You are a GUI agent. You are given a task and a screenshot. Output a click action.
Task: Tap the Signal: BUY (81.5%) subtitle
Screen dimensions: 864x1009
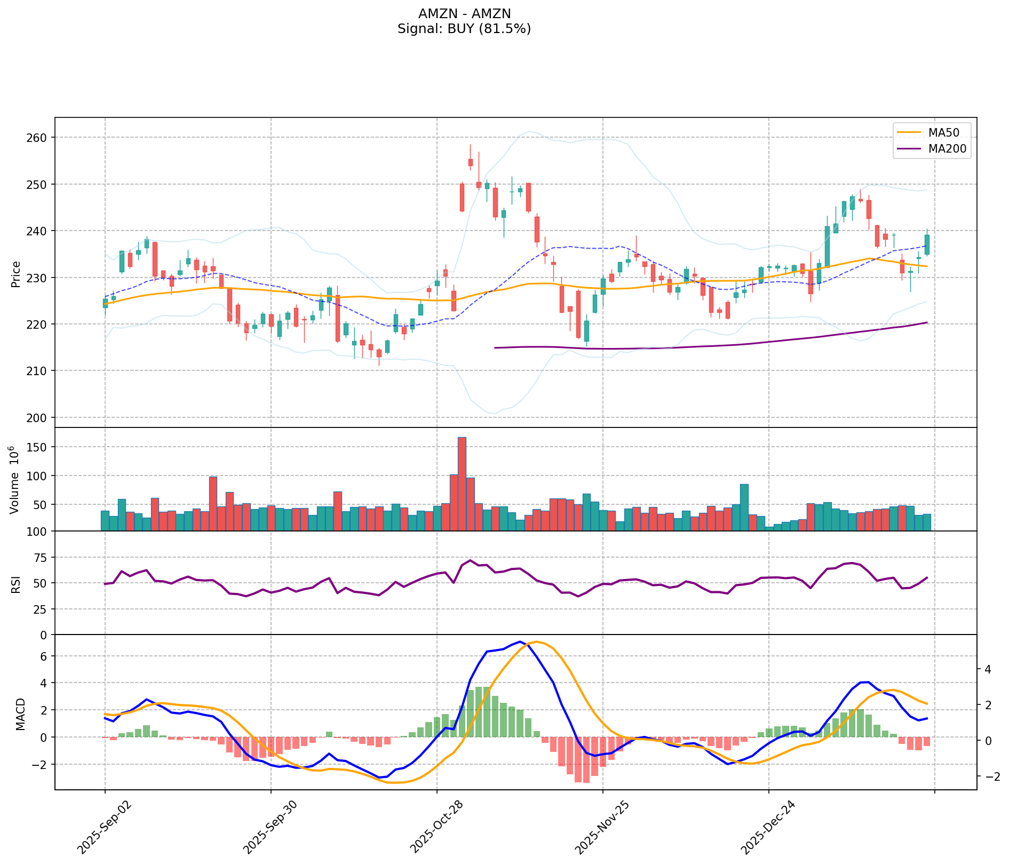coord(464,29)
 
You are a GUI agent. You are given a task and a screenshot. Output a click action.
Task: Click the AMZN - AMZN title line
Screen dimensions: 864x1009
coord(464,14)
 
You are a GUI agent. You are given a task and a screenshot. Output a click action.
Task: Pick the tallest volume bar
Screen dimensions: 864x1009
coord(462,483)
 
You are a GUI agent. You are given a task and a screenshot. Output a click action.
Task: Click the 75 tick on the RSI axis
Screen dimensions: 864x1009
coord(40,558)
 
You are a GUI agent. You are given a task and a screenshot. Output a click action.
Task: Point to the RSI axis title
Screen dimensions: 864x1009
coord(15,583)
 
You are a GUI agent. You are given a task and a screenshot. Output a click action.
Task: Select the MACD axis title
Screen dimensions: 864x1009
coord(20,714)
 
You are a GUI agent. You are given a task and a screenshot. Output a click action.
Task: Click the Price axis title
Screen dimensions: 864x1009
coord(15,274)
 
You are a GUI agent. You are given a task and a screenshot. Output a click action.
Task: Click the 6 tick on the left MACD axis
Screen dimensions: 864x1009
coord(44,656)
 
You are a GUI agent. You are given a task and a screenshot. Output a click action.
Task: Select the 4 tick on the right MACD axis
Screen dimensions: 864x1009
coord(987,669)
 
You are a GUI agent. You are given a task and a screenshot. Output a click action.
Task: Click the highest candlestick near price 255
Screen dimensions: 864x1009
coord(471,162)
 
